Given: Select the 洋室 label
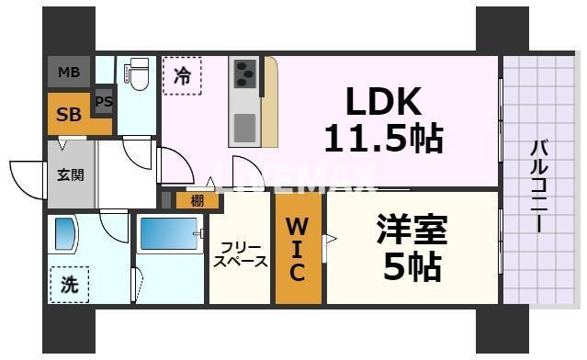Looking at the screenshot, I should click(411, 229).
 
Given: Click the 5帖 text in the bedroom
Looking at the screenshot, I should click(411, 267).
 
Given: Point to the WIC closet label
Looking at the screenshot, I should click(297, 248).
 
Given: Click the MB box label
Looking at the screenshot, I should click(69, 73).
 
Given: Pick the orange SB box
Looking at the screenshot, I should click(69, 114).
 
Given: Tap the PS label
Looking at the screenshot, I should click(103, 102).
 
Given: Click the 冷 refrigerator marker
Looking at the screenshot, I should click(183, 75).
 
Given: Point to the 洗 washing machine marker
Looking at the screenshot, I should click(69, 284).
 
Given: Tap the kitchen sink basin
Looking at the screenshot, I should click(244, 127).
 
